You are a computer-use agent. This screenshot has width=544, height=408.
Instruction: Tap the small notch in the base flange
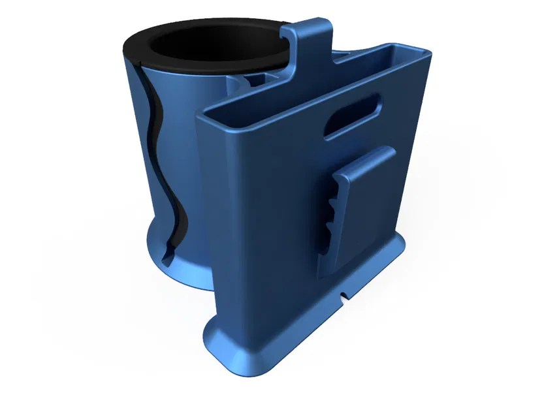pyautogui.click(x=344, y=296)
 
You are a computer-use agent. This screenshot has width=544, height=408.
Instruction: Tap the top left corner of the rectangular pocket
pyautogui.click(x=202, y=114)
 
